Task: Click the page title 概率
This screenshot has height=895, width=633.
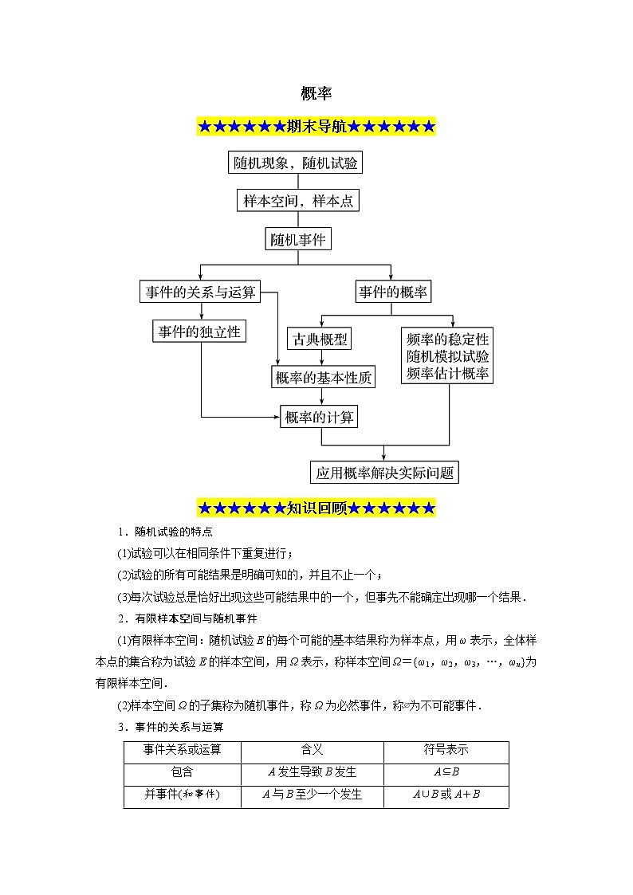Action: pyautogui.click(x=316, y=93)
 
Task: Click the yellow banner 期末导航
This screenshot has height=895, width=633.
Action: pyautogui.click(x=316, y=126)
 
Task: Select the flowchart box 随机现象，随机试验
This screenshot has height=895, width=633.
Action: pyautogui.click(x=296, y=163)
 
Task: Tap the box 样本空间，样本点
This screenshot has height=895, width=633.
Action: pyautogui.click(x=298, y=201)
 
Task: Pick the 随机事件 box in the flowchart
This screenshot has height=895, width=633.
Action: pyautogui.click(x=297, y=238)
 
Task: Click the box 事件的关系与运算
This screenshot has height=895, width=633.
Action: pyautogui.click(x=200, y=292)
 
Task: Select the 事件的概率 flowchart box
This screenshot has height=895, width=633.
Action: pyautogui.click(x=392, y=292)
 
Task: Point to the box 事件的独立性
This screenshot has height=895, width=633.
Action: pyautogui.click(x=199, y=332)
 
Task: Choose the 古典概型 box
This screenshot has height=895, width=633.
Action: pyautogui.click(x=320, y=339)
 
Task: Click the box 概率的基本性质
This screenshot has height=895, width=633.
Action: pyautogui.click(x=323, y=378)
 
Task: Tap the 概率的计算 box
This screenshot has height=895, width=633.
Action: pyautogui.click(x=320, y=416)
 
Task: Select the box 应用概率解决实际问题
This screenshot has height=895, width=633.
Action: pyautogui.click(x=384, y=473)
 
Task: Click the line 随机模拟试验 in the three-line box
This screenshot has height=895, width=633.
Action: pyautogui.click(x=447, y=355)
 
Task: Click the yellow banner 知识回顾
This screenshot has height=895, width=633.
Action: pyautogui.click(x=316, y=508)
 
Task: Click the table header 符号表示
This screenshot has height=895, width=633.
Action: pyautogui.click(x=446, y=751)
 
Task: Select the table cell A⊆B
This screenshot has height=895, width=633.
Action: pyautogui.click(x=446, y=772)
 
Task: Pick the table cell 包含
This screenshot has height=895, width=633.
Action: pyautogui.click(x=182, y=772)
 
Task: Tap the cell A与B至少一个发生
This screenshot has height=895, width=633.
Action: pyautogui.click(x=312, y=795)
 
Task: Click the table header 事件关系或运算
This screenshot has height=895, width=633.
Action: pyautogui.click(x=182, y=751)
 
